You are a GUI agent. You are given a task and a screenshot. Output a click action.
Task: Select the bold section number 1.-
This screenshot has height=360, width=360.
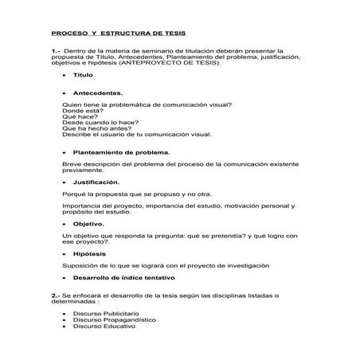point(56,50)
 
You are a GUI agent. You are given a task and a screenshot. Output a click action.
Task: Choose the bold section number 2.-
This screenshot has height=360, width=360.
point(56,295)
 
